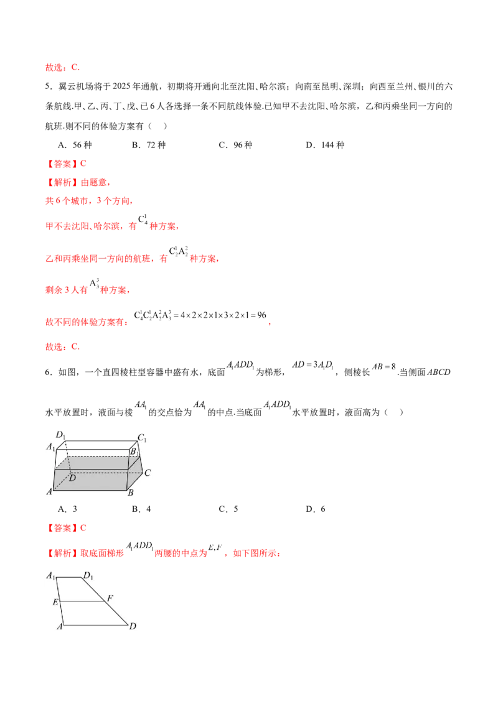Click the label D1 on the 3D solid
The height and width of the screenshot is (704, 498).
(60, 434)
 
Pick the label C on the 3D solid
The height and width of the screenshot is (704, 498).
(148, 473)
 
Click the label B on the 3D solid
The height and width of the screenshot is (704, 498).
(130, 493)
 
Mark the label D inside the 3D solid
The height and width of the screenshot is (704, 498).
(72, 478)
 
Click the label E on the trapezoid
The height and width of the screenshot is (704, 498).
(55, 602)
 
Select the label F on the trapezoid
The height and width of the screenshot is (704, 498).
(110, 599)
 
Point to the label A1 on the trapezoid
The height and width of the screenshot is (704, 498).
(50, 576)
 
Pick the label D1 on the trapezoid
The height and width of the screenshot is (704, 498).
(88, 575)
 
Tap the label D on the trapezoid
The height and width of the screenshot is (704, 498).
(133, 626)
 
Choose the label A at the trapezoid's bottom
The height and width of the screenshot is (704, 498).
(60, 627)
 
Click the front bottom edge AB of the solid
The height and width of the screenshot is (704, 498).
(90, 489)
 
